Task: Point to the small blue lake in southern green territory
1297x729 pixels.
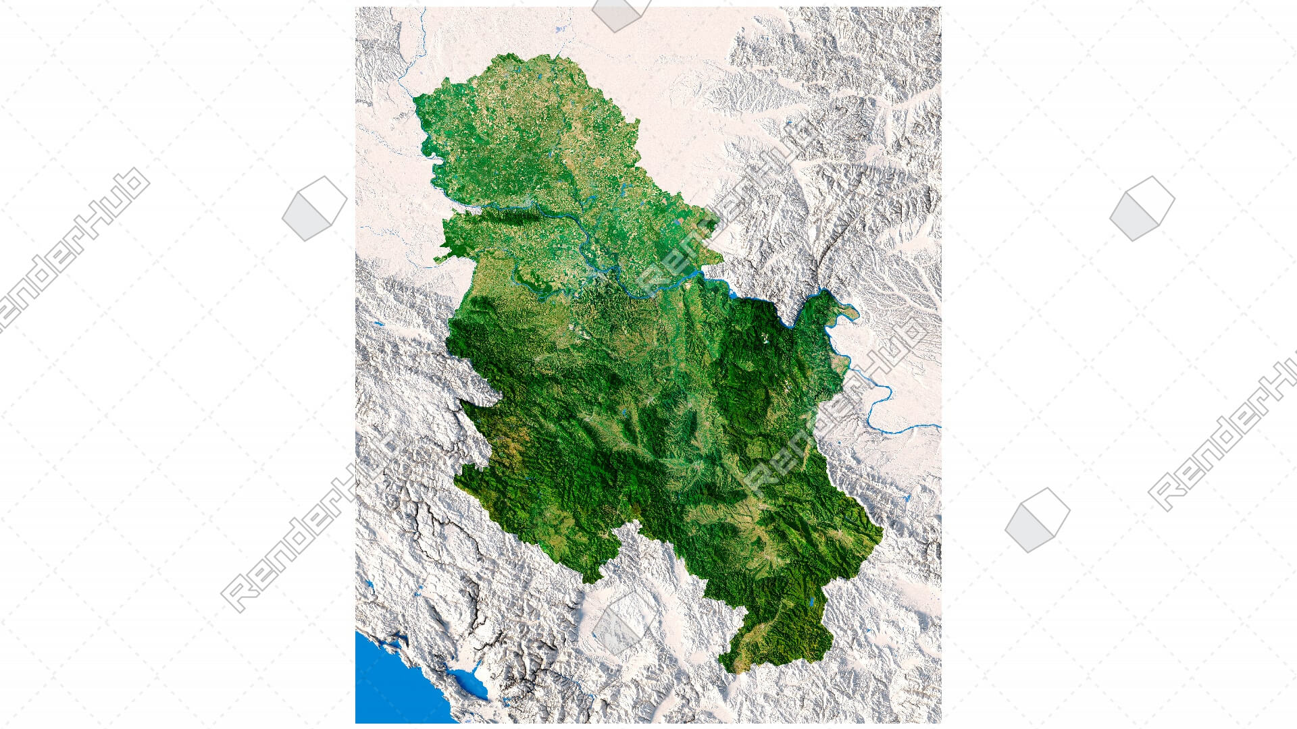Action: click(811, 602)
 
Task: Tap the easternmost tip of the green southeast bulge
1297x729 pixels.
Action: click(882, 533)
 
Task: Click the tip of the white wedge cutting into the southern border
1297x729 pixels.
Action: click(635, 523)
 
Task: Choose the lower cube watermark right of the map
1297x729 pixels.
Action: click(1037, 520)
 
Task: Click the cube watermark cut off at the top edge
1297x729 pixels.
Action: click(619, 13)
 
